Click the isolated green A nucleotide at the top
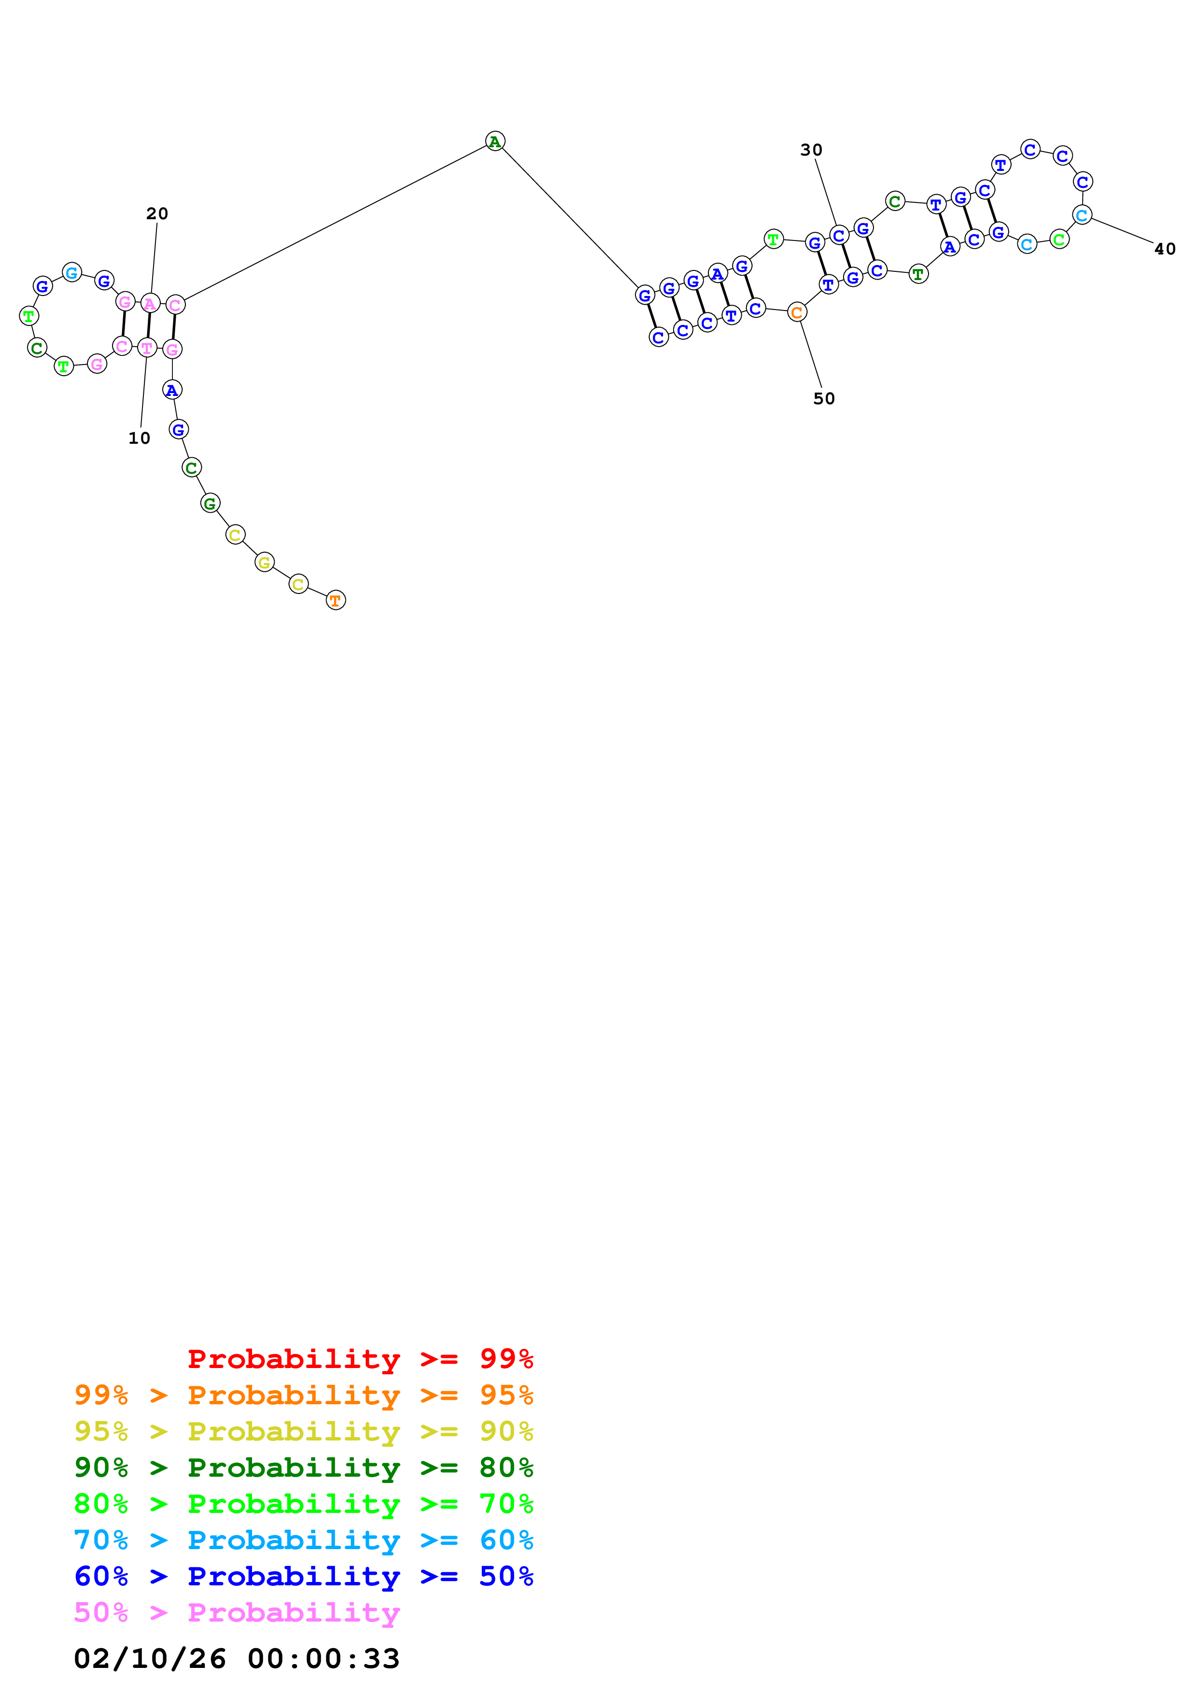[x=495, y=141]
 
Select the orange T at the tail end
[x=336, y=601]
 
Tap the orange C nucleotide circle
[x=797, y=313]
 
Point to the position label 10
[x=140, y=438]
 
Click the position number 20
[x=157, y=214]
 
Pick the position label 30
[x=811, y=150]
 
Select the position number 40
[x=1165, y=249]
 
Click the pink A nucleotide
[x=150, y=303]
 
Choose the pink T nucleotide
[x=147, y=348]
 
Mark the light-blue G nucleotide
[x=71, y=273]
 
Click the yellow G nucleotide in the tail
[x=264, y=563]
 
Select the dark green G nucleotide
[x=210, y=504]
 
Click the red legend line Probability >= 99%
[x=360, y=1359]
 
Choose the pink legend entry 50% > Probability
[x=237, y=1613]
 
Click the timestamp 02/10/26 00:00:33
[x=237, y=1659]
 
